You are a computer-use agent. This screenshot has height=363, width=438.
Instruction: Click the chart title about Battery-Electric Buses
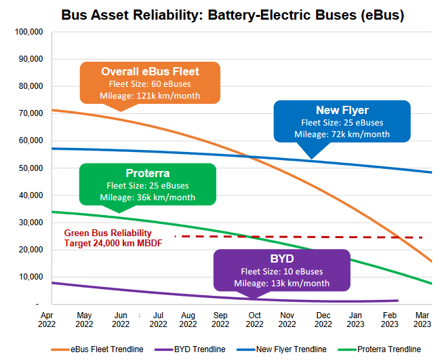click(x=233, y=15)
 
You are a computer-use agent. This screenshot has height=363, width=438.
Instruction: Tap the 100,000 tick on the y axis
click(x=29, y=32)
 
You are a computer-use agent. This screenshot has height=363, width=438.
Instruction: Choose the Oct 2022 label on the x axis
click(x=254, y=320)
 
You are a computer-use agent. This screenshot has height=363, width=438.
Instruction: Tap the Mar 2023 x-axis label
click(x=422, y=320)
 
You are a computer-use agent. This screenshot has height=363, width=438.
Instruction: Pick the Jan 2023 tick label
click(x=355, y=320)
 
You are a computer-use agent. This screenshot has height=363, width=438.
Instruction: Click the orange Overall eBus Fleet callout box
click(x=150, y=83)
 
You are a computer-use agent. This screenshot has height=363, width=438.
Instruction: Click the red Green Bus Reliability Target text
click(x=108, y=237)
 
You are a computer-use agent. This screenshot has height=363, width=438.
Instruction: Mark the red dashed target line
click(x=298, y=237)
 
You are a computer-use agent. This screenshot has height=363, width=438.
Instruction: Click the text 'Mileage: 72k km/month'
click(x=342, y=135)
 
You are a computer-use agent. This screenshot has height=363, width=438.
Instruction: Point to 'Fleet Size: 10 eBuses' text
click(x=281, y=271)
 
